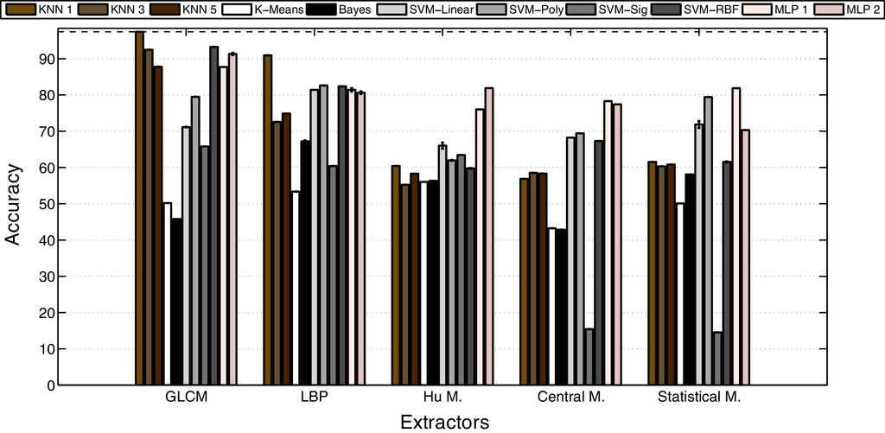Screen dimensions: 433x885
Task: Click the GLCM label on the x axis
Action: click(186, 398)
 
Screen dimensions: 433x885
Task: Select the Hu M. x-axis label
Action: click(442, 398)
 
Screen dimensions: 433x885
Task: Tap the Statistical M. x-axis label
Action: click(698, 398)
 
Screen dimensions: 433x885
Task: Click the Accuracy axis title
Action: click(13, 207)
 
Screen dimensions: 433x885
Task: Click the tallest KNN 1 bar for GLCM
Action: click(139, 207)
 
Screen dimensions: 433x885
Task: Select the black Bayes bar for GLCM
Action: click(176, 302)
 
